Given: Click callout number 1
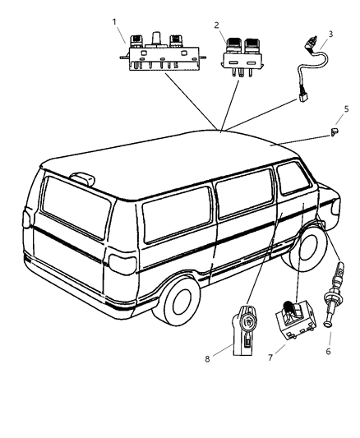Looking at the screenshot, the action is click(114, 22).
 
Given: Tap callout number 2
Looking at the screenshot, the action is click(217, 25).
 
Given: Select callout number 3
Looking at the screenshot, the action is click(330, 34).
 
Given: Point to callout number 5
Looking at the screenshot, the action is click(347, 109).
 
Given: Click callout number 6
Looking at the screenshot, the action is click(329, 352).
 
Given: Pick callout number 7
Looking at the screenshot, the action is click(270, 357).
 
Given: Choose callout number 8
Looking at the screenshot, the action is click(207, 359).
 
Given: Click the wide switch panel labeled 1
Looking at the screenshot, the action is click(164, 53).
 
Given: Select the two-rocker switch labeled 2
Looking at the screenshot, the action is click(242, 57).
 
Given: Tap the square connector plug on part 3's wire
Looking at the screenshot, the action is click(302, 97).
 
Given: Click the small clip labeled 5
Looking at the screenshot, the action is click(334, 131).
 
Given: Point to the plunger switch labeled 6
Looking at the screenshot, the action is click(334, 294).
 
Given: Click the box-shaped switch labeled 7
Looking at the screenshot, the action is click(296, 320).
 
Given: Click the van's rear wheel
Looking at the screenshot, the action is click(178, 301).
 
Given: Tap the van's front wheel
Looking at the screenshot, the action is click(307, 248).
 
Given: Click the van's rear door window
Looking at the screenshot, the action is click(76, 207).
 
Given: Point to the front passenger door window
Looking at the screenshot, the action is click(293, 178).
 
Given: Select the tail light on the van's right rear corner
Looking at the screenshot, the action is click(122, 264).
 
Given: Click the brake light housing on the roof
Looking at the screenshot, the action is click(83, 178).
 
